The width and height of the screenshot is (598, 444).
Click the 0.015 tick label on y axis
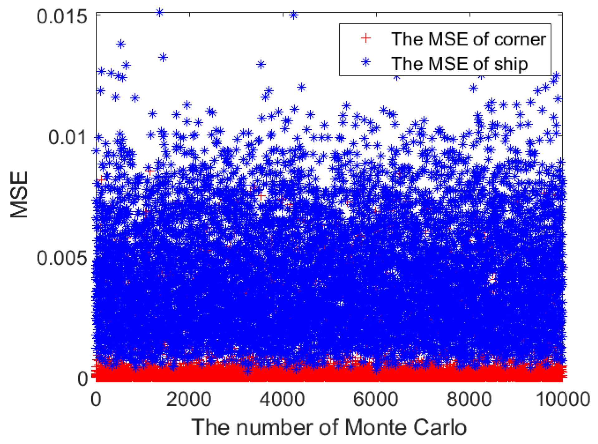tap(62, 17)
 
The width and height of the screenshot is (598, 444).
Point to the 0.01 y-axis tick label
tap(67, 137)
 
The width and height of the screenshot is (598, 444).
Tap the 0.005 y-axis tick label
tap(62, 258)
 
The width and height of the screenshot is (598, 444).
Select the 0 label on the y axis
tap(83, 379)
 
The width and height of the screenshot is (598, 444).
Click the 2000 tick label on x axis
tap(189, 399)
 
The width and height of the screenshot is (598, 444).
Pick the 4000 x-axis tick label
tap(282, 399)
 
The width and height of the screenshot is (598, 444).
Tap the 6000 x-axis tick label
tap(376, 399)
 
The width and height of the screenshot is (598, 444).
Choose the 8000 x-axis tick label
tap(469, 399)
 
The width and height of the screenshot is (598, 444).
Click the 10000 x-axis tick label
tap(563, 399)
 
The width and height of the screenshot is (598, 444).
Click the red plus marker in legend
tap(366, 38)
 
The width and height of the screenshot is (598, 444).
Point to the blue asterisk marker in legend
tap(366, 62)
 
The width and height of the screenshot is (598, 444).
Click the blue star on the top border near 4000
tap(293, 15)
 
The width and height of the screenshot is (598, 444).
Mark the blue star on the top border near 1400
tap(160, 13)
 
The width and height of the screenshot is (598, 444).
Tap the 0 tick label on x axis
tap(96, 399)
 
